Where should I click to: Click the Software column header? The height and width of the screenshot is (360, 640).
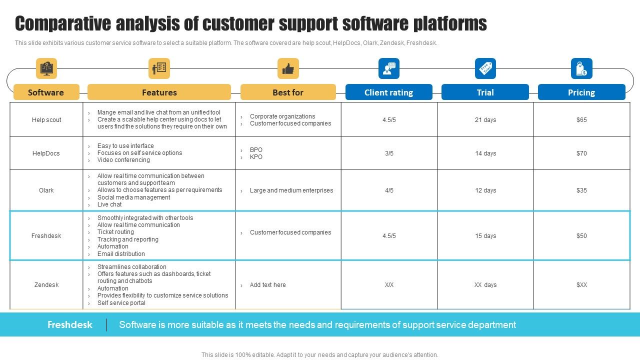(46, 92)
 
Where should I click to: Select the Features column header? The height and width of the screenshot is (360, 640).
(159, 92)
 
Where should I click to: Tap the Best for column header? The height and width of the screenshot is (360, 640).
(288, 92)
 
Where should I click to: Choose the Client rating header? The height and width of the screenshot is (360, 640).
(388, 92)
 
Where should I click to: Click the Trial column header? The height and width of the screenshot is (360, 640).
(485, 92)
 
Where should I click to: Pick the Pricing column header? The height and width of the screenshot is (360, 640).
(581, 92)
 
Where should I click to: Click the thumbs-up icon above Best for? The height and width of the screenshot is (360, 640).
(288, 68)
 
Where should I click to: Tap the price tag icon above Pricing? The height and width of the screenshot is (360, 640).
(581, 68)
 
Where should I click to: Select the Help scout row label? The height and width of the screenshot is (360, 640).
(46, 120)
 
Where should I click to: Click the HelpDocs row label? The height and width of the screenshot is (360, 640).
(46, 153)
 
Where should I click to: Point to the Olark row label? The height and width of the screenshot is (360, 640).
(46, 190)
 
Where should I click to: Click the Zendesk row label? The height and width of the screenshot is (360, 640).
(46, 285)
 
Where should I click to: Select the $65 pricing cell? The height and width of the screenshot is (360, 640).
(581, 120)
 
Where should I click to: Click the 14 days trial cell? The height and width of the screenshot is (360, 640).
(485, 153)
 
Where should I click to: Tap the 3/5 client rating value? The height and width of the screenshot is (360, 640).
(389, 153)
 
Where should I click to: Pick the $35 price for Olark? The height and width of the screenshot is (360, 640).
(581, 190)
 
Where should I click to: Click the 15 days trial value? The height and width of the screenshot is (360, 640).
(485, 236)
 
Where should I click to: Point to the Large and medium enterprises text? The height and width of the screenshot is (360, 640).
(291, 190)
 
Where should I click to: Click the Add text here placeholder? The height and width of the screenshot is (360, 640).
(267, 285)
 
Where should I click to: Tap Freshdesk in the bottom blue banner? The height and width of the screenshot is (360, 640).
(70, 325)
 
